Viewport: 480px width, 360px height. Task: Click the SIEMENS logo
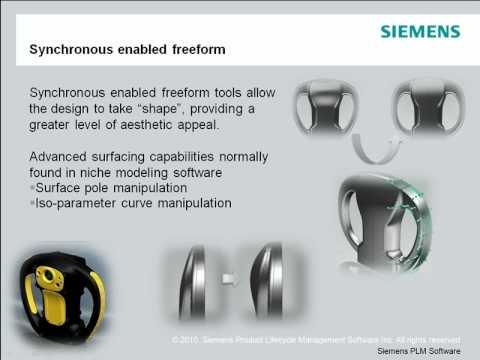pyautogui.click(x=420, y=31)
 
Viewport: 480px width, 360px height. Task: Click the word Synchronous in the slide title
pyautogui.click(x=73, y=47)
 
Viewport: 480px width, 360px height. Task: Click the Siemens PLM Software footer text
pyautogui.click(x=419, y=352)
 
